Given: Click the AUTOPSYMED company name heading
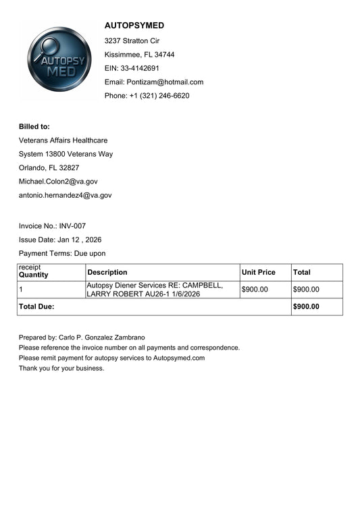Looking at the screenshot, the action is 134,26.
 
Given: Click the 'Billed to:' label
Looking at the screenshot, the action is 34,126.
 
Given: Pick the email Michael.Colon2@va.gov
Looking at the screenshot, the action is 58,182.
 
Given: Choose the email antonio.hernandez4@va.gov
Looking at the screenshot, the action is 65,195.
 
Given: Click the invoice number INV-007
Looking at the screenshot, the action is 72,226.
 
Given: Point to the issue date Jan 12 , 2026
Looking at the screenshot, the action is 80,240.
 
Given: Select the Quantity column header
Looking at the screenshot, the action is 34,275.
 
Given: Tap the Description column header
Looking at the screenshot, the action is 107,273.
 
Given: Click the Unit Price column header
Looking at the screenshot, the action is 259,273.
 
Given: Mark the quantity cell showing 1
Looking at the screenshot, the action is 22,290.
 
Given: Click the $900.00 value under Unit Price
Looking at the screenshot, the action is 255,290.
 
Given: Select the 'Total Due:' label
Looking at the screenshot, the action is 36,306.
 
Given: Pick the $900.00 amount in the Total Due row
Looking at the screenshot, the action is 306,306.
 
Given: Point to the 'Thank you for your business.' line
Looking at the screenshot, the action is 61,369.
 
